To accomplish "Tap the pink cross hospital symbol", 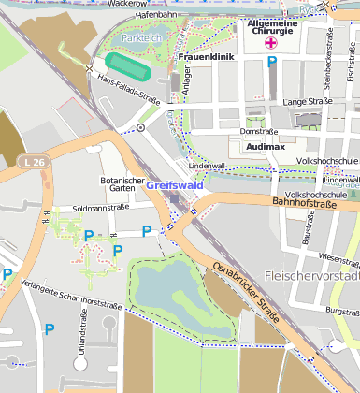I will pos(271,43).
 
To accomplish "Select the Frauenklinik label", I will pos(205,57).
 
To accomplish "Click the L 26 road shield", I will pos(33,163).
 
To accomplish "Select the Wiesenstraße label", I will pos(338,256).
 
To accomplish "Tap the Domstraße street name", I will pos(259,131).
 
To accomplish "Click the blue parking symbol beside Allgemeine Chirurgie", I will pos(272,62).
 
